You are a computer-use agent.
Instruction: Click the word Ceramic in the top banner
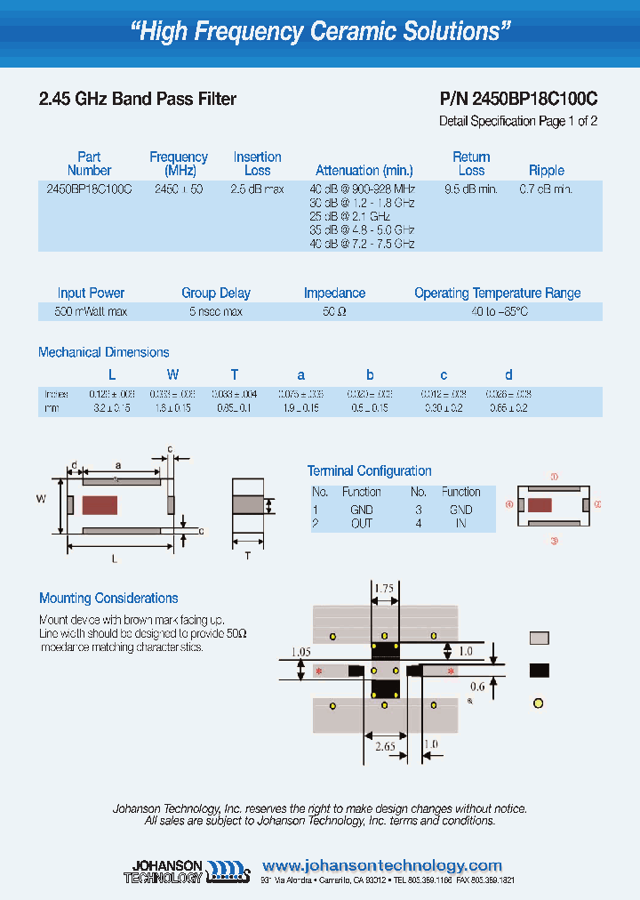click(x=349, y=32)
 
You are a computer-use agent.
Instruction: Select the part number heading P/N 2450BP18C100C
click(x=518, y=100)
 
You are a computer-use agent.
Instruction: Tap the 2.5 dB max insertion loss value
click(x=257, y=189)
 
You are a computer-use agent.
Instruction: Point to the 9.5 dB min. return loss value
click(x=470, y=189)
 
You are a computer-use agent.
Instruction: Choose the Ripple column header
click(x=546, y=170)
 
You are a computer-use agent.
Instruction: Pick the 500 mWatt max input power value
click(x=91, y=312)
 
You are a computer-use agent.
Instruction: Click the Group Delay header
click(x=216, y=293)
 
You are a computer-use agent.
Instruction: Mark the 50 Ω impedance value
click(x=334, y=312)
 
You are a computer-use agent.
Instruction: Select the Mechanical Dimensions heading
click(x=103, y=352)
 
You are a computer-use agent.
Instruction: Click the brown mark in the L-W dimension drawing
click(x=100, y=505)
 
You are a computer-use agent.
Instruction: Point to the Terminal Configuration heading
click(x=369, y=470)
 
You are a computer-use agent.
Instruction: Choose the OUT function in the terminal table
click(x=361, y=523)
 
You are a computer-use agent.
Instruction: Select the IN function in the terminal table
click(x=460, y=523)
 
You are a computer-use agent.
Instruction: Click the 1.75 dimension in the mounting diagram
click(x=384, y=589)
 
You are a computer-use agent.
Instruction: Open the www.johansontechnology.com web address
click(x=382, y=865)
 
